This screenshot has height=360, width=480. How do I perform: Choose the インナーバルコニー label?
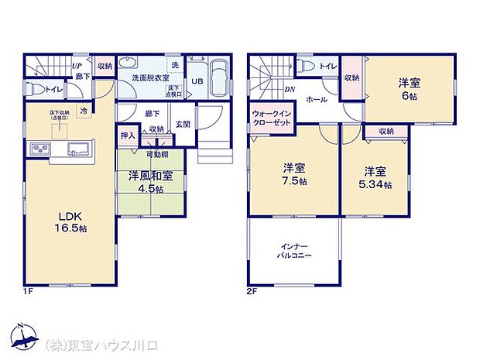(294, 250)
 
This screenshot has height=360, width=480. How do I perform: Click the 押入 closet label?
(128, 135)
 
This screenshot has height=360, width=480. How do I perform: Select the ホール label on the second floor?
(316, 100)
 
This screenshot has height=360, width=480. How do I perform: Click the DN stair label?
(289, 90)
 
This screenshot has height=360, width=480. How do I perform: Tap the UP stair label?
(77, 66)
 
